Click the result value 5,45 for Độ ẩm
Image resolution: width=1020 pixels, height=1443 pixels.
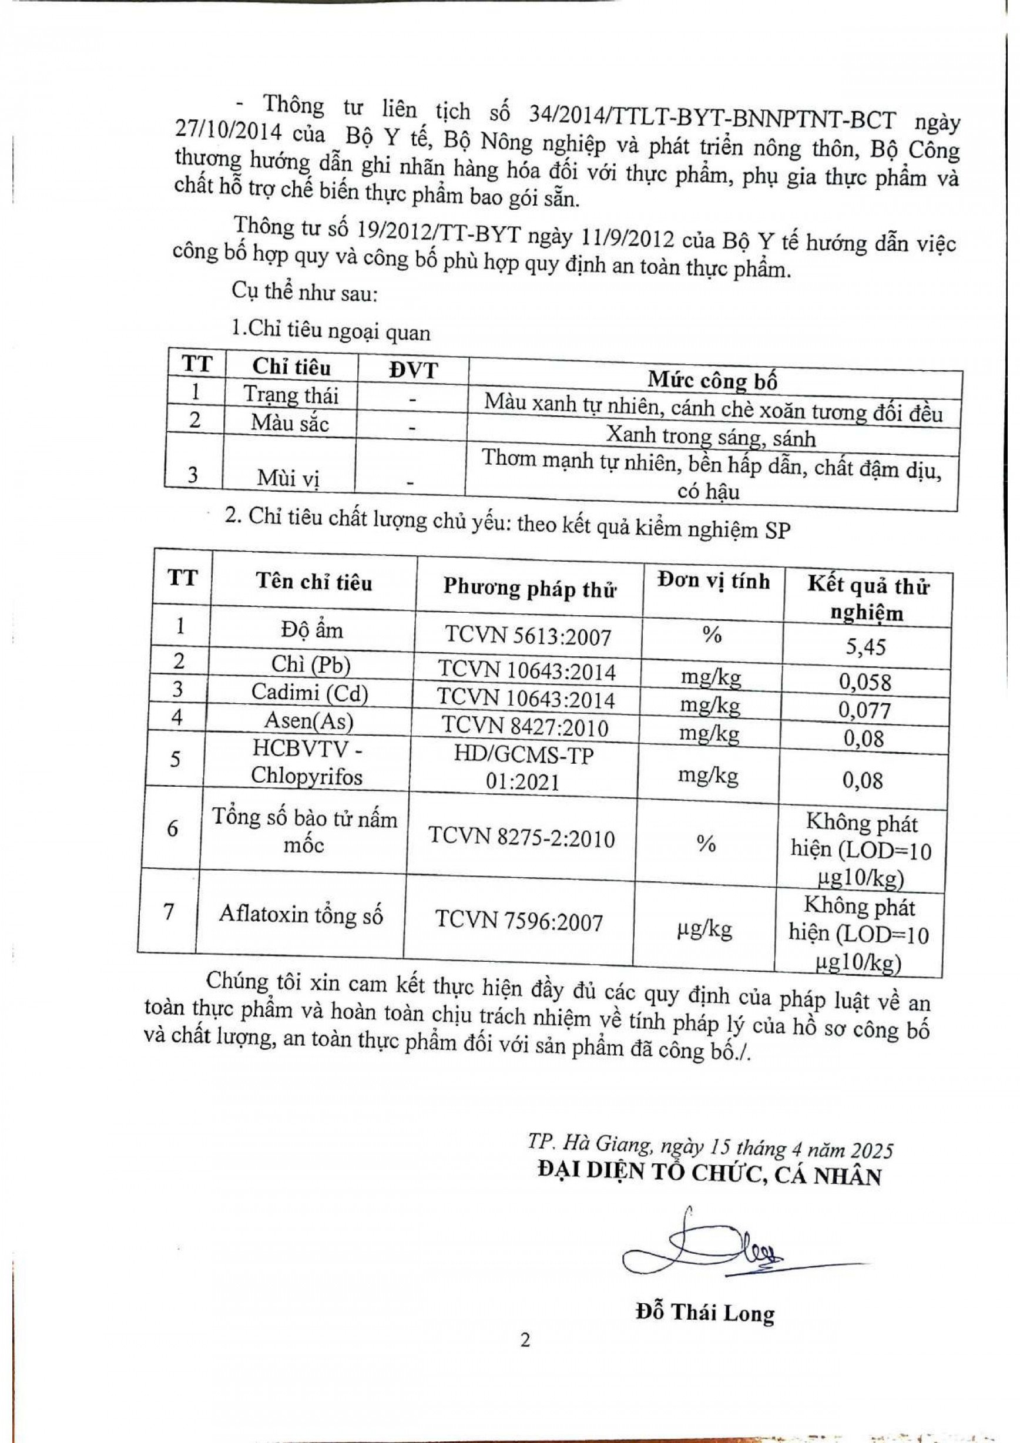[x=865, y=646]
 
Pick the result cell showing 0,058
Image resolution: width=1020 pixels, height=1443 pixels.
[x=865, y=683]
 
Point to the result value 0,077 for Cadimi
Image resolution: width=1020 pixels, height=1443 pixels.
[x=865, y=710]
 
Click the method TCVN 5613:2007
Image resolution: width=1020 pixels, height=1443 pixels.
[x=528, y=636]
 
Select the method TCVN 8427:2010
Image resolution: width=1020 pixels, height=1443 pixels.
[x=525, y=727]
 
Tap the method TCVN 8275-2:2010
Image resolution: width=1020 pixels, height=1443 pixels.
[x=522, y=838]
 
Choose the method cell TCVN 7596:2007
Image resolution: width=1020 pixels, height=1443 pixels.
[x=519, y=922]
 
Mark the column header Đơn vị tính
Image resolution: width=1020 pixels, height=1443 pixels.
[x=713, y=580]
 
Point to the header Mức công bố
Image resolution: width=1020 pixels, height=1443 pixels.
[x=713, y=380]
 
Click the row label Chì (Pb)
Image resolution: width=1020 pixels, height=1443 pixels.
[x=310, y=665]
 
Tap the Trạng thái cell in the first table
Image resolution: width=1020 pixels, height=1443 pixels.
[x=290, y=395]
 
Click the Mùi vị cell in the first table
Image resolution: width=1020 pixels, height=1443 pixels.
[x=288, y=479]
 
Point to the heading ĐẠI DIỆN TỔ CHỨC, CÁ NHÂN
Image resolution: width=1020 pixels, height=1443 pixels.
[x=710, y=1176]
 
